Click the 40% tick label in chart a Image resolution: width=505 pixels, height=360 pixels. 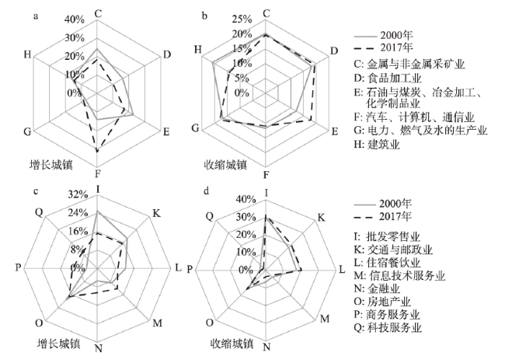[x=75, y=20]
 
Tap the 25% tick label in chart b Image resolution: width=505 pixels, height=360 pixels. [x=242, y=19]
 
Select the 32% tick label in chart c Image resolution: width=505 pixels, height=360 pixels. [x=78, y=194]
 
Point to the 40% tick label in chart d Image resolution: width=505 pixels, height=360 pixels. [x=246, y=200]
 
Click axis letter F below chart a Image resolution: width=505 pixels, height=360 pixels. [x=98, y=174]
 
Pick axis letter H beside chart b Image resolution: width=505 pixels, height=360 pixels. [x=198, y=50]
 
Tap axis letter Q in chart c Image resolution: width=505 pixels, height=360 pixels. [x=39, y=212]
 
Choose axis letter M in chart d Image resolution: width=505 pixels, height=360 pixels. [x=325, y=319]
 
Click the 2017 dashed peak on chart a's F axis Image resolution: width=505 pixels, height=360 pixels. [x=97, y=151]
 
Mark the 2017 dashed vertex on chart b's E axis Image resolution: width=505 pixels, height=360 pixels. [x=311, y=120]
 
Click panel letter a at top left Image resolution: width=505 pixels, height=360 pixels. [x=36, y=16]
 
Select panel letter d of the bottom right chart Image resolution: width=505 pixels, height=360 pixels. [x=206, y=190]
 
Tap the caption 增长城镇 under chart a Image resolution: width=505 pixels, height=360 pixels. [x=51, y=165]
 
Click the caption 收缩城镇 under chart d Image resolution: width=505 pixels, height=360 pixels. [x=232, y=343]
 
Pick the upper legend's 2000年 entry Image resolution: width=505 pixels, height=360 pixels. [x=383, y=36]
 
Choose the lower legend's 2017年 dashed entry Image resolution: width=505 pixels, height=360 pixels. [x=383, y=217]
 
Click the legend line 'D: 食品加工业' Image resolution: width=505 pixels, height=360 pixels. [x=388, y=78]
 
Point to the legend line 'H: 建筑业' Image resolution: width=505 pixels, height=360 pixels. [x=377, y=145]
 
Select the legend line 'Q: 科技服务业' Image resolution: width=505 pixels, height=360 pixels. [x=388, y=328]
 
